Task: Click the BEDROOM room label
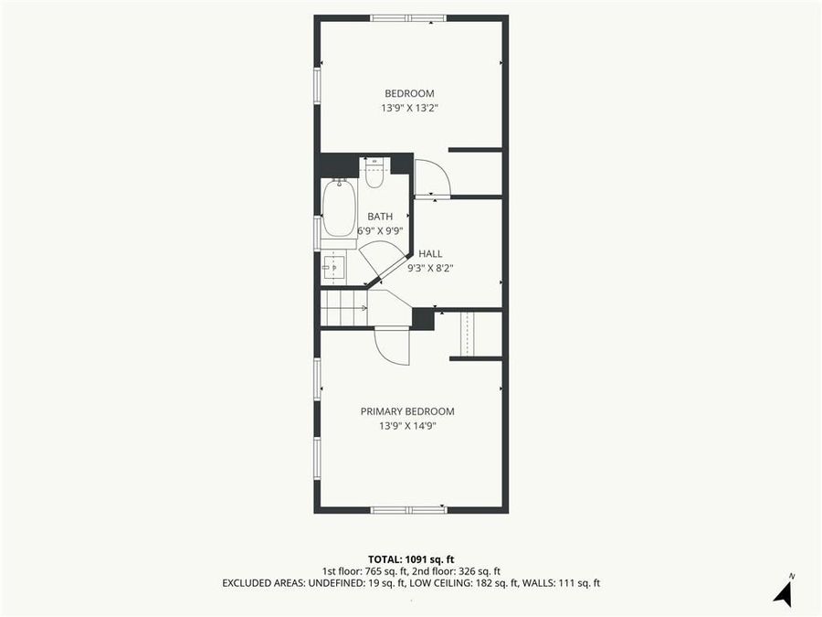point(409,93)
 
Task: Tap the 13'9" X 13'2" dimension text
point(409,108)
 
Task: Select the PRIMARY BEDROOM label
point(406,411)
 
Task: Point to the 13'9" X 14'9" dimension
point(406,426)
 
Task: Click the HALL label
point(430,253)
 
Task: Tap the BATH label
point(380,217)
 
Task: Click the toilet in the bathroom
point(374,173)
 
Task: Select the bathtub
point(338,208)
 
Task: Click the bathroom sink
point(334,267)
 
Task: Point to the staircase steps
point(343,307)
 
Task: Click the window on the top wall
point(408,17)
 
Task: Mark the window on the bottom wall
point(407,509)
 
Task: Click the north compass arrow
point(783,592)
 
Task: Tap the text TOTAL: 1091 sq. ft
point(410,558)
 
